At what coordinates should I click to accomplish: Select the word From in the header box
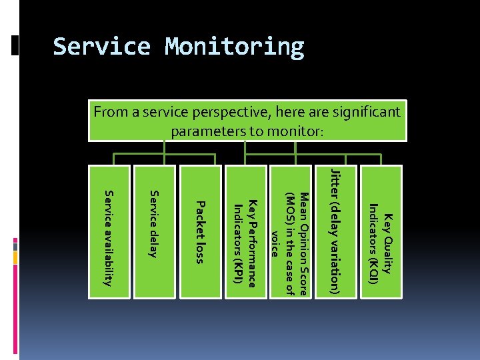[x=109, y=112]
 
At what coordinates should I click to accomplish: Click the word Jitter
[x=336, y=183]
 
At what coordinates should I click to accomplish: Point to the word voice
[x=275, y=244]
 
